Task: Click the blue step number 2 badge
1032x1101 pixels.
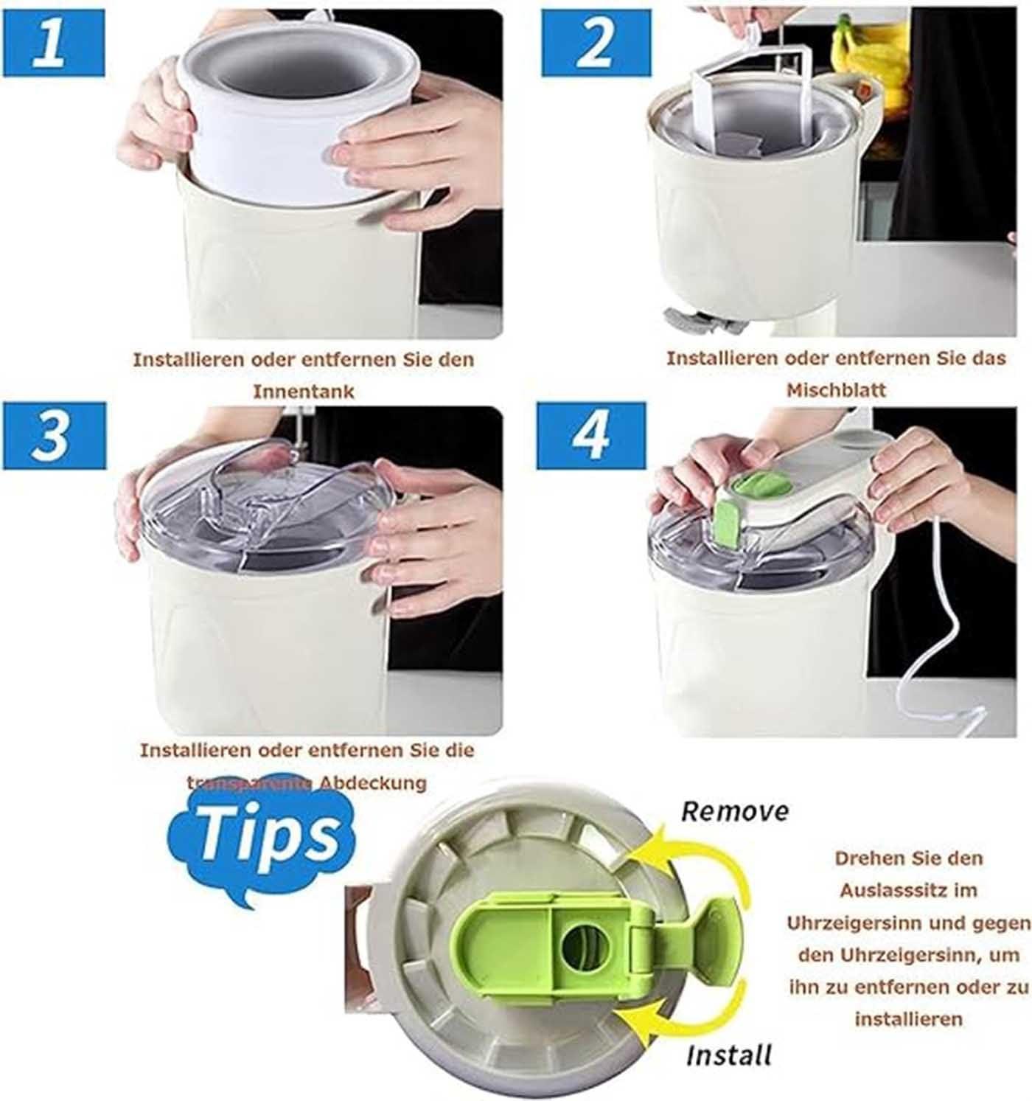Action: (x=596, y=44)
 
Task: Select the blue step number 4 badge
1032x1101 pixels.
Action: (x=590, y=435)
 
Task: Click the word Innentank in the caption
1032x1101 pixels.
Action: (x=303, y=392)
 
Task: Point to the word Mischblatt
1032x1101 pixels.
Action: (x=836, y=390)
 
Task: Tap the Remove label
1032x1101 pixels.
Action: (x=734, y=811)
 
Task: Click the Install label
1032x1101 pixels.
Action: (x=728, y=1055)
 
